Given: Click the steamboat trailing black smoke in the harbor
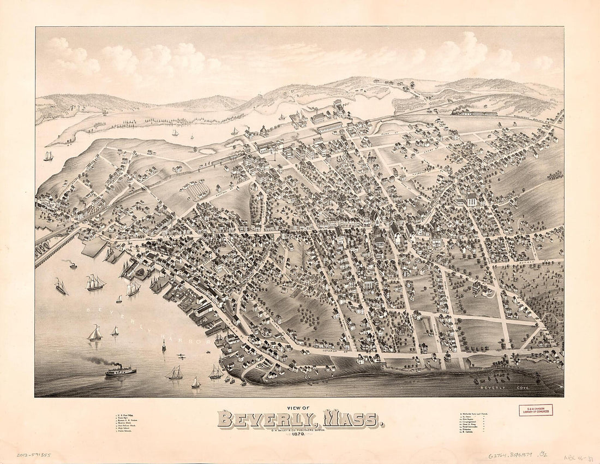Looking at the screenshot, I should (x=120, y=371).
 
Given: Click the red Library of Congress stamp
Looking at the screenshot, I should (x=535, y=410).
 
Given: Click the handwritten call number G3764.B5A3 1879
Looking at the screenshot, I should (x=513, y=454).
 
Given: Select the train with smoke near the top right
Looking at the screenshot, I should (x=473, y=112).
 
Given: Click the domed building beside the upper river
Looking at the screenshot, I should (x=263, y=131).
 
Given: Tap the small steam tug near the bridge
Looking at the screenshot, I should (x=72, y=265).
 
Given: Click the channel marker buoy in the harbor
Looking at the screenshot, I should (x=164, y=344).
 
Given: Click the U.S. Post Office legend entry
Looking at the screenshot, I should (x=129, y=417).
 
